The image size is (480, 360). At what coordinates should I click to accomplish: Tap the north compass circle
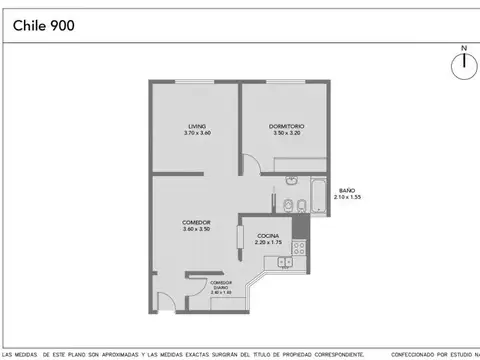point(463,66)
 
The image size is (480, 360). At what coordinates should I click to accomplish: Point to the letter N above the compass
point(463,47)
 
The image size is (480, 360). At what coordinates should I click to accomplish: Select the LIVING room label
point(195,126)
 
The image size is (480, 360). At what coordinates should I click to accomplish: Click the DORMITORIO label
point(286,126)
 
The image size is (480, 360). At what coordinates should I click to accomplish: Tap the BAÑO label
point(347,190)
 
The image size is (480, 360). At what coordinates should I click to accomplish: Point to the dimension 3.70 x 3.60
point(195,133)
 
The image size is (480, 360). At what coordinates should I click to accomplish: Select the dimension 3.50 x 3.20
point(286,133)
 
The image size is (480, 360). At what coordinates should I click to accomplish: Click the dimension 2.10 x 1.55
point(347,198)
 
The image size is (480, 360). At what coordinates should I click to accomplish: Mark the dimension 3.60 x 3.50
point(195,229)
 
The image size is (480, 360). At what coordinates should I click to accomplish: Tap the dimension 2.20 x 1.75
point(268,242)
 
